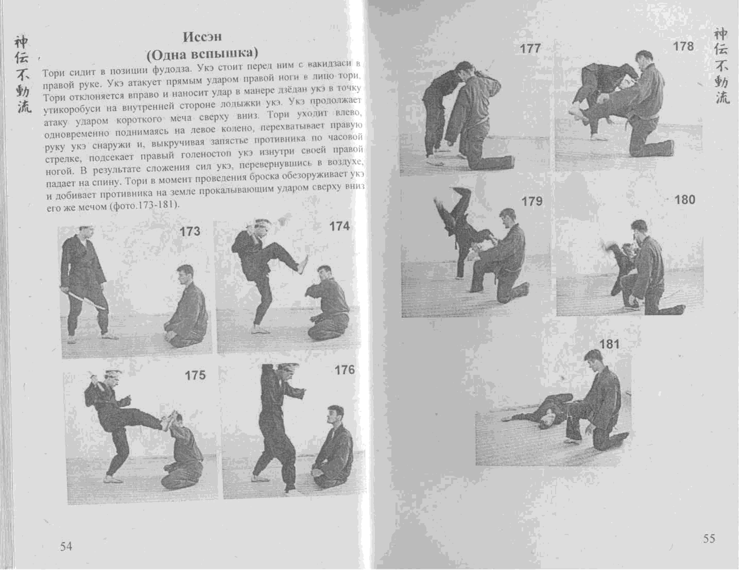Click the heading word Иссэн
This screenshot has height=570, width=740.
tap(202, 37)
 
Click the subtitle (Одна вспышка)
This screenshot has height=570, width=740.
tap(202, 53)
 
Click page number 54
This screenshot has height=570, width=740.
tap(66, 546)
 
